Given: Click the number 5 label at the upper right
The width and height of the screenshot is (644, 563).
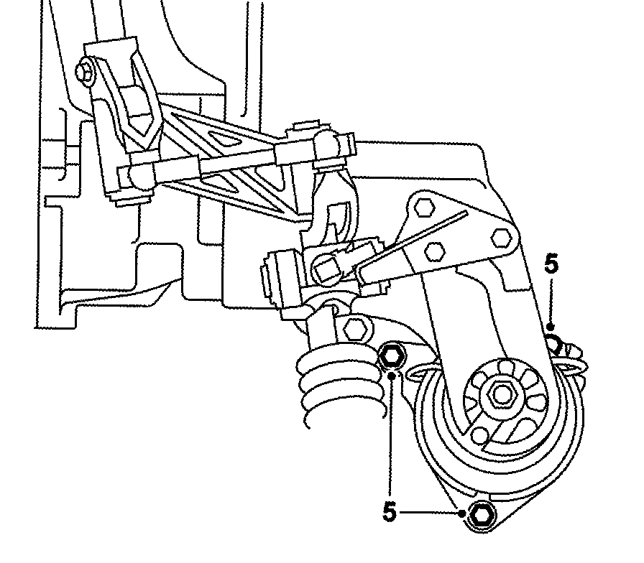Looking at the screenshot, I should pyautogui.click(x=551, y=264).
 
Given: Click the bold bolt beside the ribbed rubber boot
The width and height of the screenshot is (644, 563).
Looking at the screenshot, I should pyautogui.click(x=391, y=354).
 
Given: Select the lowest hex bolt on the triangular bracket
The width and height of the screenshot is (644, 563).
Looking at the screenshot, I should pyautogui.click(x=434, y=252).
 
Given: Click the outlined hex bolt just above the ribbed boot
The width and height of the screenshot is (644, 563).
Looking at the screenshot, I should pyautogui.click(x=353, y=330).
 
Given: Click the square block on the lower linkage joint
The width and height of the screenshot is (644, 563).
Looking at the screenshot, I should pyautogui.click(x=326, y=269).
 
